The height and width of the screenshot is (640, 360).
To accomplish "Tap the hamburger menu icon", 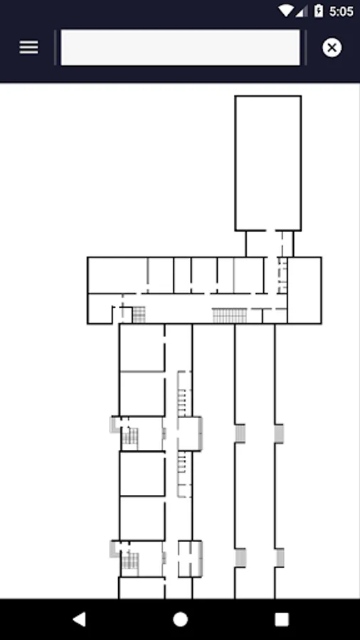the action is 28,48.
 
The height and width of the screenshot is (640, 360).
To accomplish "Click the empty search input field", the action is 180,48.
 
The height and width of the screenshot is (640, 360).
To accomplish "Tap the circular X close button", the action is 332,48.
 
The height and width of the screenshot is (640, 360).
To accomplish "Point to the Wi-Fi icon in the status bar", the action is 286,11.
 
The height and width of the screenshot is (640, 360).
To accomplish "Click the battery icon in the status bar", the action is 318,11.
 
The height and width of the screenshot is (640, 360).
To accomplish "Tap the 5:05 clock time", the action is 341,11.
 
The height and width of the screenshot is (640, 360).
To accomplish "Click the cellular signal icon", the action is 302,11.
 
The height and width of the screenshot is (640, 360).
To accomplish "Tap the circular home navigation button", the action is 180,619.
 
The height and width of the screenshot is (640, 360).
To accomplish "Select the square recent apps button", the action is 282,619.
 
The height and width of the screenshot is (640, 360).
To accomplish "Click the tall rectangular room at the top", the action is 268,164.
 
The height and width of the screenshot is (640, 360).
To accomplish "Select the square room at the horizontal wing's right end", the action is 304,290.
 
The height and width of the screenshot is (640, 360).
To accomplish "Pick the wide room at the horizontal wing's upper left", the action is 117,275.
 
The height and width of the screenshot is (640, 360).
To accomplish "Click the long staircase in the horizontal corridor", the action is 229,316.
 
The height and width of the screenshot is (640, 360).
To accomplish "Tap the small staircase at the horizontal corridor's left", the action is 139,315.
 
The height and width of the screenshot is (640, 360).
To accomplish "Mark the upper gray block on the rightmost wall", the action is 279,434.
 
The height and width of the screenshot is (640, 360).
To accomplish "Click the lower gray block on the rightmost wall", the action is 280,558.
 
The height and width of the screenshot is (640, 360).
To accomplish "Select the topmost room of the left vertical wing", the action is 142,348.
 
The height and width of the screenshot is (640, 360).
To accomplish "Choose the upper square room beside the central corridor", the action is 190,434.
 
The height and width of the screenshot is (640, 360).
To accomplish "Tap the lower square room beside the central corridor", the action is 190,559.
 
